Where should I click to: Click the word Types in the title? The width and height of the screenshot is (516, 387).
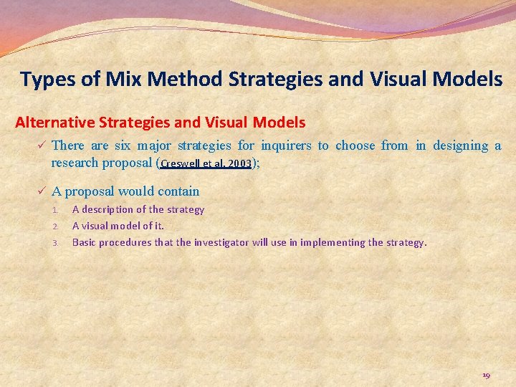pyautogui.click(x=47, y=79)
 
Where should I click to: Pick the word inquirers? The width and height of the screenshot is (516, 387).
pyautogui.click(x=286, y=145)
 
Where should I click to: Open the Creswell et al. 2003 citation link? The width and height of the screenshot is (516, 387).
pyautogui.click(x=206, y=163)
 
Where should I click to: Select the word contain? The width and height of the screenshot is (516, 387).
pyautogui.click(x=180, y=191)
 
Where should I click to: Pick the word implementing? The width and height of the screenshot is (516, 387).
pyautogui.click(x=332, y=242)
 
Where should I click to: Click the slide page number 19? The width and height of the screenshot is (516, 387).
pyautogui.click(x=487, y=375)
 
